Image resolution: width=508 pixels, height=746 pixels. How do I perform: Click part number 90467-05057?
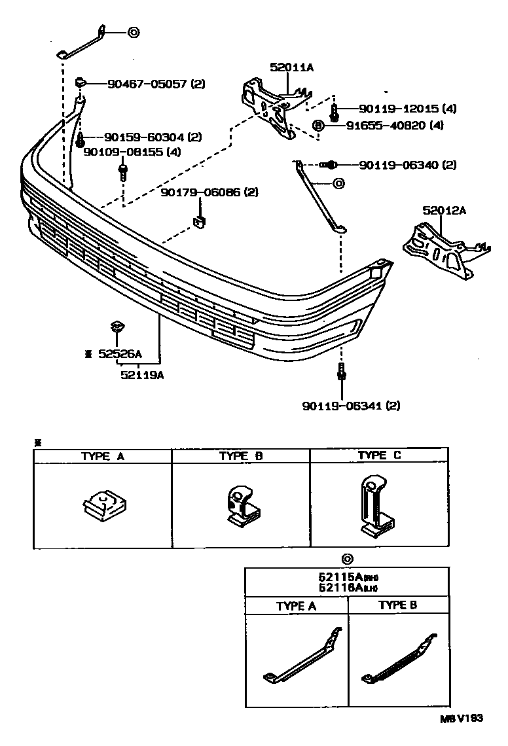pos(139,84)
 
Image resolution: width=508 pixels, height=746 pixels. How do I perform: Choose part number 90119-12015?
pos(399,109)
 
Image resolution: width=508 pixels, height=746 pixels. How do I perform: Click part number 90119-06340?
pos(399,165)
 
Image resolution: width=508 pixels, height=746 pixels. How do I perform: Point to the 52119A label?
pos(142,375)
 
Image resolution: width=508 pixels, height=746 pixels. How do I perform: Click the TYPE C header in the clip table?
pos(379,455)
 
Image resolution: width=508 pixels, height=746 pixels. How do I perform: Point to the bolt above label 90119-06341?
pos(341,372)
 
